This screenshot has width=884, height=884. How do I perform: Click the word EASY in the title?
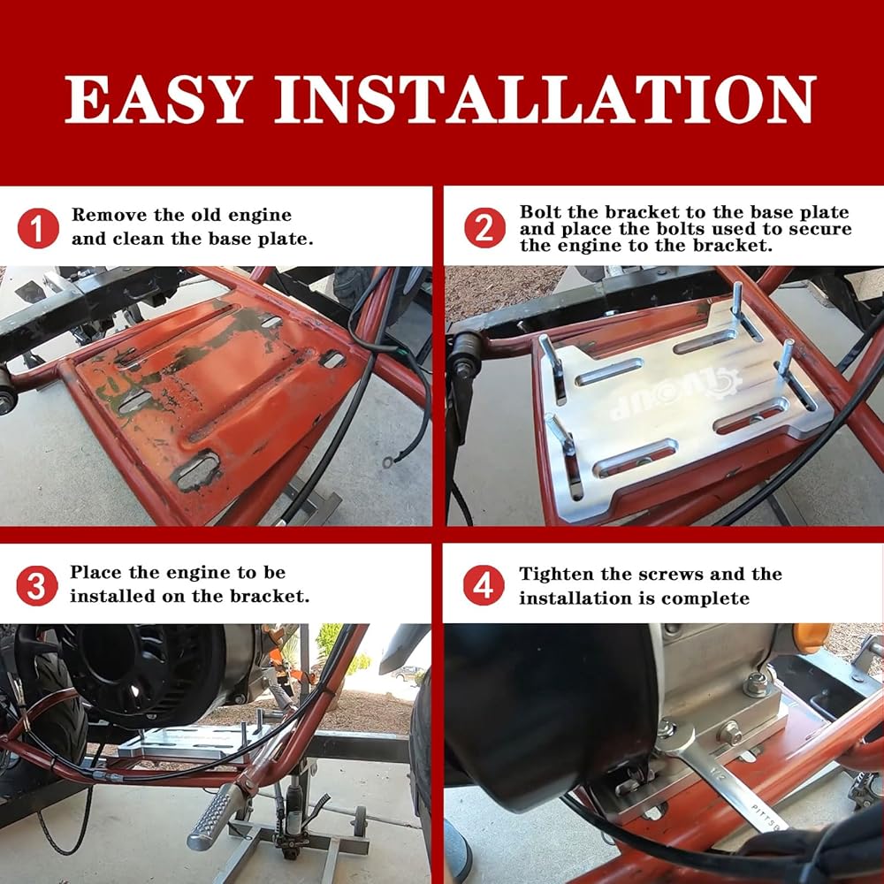point(158,99)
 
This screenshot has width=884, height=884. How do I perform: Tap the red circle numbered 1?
point(38,228)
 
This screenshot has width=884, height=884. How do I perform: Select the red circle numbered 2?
point(484,227)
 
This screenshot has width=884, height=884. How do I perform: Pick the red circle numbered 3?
point(36,586)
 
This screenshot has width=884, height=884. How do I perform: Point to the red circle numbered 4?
point(484,585)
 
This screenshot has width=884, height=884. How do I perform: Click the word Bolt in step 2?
point(541,212)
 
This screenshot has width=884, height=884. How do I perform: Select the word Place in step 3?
point(96,572)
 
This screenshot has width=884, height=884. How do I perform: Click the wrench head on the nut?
point(676,738)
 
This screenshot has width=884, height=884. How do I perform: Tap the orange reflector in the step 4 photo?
point(811,637)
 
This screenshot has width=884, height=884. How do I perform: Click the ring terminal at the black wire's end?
point(388,463)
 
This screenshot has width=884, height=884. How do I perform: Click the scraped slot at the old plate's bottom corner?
point(197,469)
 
